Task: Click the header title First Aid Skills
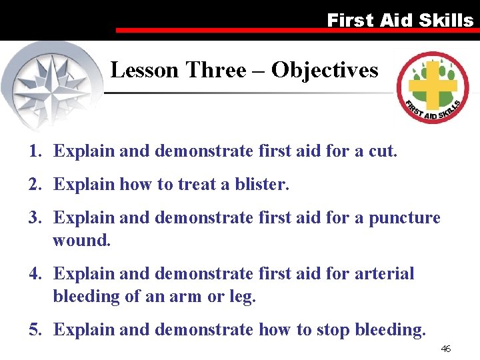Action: [400, 20]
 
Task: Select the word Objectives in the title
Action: [325, 70]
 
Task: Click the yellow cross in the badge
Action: [433, 85]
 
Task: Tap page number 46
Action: [446, 349]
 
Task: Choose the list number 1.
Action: [34, 151]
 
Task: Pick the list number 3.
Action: [34, 218]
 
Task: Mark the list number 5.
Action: [34, 329]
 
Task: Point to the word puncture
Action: [405, 218]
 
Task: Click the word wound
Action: [81, 240]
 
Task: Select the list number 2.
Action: [34, 185]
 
